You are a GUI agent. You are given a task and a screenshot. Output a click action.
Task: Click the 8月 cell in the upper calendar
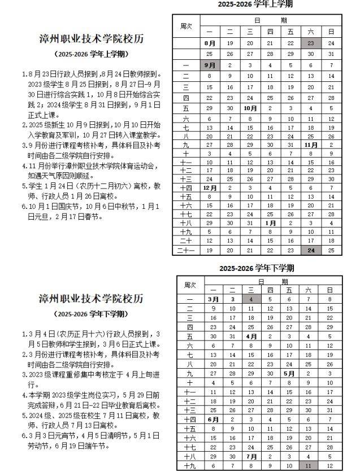pos(209,43)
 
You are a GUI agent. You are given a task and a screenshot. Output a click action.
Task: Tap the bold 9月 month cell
pos(209,65)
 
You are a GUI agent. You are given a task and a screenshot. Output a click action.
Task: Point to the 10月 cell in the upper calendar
pos(250,108)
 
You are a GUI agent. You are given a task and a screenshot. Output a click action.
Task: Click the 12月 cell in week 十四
pos(209,187)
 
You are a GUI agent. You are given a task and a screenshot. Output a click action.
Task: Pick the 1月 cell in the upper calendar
pos(271,224)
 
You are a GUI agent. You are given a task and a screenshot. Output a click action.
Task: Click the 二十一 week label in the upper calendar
pos(186,250)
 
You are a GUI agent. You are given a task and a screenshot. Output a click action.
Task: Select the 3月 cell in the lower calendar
pos(213,299)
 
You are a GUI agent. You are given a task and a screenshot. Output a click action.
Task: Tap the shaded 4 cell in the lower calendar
pos(250,299)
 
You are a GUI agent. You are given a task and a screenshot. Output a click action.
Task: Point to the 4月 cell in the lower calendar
pos(251,336)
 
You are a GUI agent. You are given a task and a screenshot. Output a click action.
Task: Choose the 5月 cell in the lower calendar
pos(289,373)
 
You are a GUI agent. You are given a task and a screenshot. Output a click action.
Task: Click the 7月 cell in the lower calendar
pos(251,456)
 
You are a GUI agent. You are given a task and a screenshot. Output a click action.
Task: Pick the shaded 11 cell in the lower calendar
pos(308,466)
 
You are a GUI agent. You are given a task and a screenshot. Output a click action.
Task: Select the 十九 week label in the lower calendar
pos(189,466)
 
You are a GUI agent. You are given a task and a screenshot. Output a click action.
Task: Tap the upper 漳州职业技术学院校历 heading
pos(91,40)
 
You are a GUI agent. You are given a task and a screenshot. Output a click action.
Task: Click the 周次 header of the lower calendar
pos(189,286)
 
